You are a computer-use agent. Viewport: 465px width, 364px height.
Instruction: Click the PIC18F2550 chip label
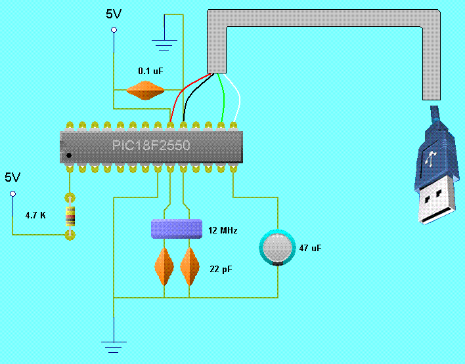(x=151, y=145)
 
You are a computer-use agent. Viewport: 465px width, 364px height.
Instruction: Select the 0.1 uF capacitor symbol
(x=144, y=91)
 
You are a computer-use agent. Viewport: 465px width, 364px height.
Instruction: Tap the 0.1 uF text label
(x=150, y=70)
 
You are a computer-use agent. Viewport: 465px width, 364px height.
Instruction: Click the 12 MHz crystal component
(x=176, y=228)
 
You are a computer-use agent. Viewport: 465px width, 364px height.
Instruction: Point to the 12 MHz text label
(x=221, y=230)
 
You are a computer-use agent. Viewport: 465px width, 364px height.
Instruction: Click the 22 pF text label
(x=221, y=270)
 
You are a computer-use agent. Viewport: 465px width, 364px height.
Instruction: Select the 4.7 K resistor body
(x=70, y=215)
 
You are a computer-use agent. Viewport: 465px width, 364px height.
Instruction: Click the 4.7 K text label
(x=35, y=215)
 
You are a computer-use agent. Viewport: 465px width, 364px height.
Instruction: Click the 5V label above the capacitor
(x=114, y=14)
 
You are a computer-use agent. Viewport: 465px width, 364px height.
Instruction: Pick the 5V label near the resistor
(x=12, y=178)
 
